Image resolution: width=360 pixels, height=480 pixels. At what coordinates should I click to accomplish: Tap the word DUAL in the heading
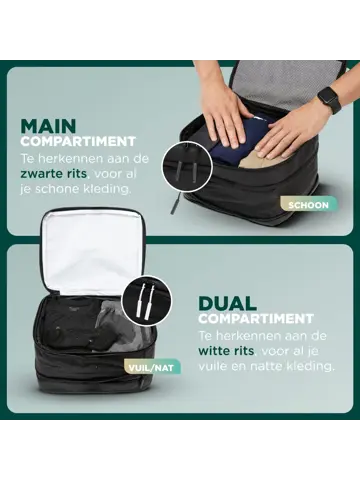coord(228,301)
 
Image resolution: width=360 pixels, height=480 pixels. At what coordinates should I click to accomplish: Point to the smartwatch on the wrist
coord(328,100)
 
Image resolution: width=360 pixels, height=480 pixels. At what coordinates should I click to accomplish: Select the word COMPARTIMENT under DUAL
coord(250,318)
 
